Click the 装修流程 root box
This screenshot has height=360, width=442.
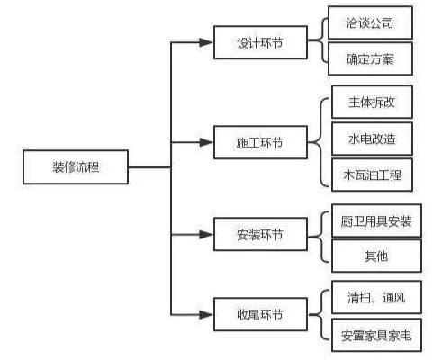76,167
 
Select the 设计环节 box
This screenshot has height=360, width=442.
260,42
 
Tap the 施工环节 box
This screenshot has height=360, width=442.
260,142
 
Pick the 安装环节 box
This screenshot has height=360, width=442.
260,234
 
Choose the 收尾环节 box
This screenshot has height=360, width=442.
260,314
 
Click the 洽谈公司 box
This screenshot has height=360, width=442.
370,22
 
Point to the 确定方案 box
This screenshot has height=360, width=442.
370,58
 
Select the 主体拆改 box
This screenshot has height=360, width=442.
372,102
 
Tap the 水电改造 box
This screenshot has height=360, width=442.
372,139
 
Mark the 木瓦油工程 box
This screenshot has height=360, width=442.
372,175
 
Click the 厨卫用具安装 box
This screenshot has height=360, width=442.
376,221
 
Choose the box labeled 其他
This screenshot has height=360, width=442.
376,256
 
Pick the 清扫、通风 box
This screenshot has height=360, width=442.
376,297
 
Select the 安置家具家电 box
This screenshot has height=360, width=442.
376,335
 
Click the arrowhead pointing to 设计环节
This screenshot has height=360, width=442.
206,42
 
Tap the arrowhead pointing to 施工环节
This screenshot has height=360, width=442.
206,142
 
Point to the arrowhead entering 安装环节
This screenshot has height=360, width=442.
206,234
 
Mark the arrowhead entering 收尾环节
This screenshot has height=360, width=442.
206,314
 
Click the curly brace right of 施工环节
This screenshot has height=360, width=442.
320,142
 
